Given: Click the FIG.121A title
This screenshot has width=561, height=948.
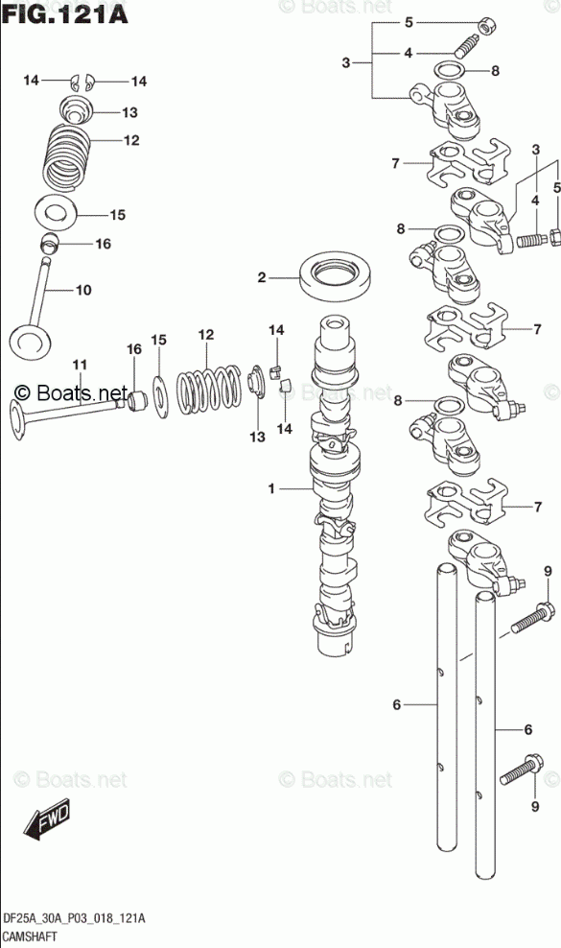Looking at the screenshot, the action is pyautogui.click(x=65, y=13).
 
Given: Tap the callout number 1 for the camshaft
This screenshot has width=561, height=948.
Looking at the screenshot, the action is pyautogui.click(x=271, y=487).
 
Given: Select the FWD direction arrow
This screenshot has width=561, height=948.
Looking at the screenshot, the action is pyautogui.click(x=47, y=819).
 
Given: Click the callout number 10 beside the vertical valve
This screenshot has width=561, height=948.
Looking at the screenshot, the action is pyautogui.click(x=82, y=290).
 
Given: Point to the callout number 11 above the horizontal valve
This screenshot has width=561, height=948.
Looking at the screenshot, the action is pyautogui.click(x=80, y=365).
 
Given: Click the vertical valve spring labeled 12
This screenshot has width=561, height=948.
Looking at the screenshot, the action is pyautogui.click(x=68, y=157).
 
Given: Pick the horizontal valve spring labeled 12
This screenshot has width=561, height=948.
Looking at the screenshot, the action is pyautogui.click(x=208, y=391).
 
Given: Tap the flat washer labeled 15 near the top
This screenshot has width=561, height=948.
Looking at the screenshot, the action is pyautogui.click(x=55, y=212).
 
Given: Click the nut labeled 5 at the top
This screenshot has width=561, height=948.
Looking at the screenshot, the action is pyautogui.click(x=484, y=27).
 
